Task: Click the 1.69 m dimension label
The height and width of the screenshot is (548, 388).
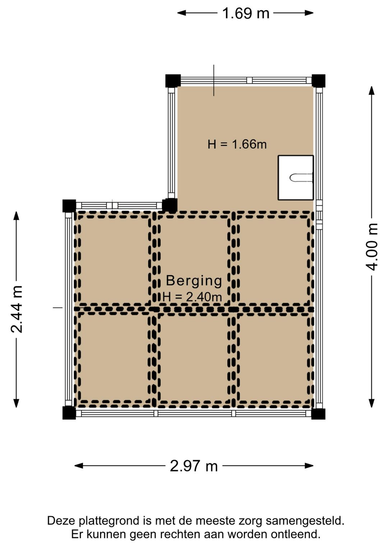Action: coord(245,13)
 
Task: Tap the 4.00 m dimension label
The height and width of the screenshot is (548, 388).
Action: coord(372,247)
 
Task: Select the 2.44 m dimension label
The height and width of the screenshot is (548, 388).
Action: coord(17,309)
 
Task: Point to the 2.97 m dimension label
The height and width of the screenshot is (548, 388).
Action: coord(194,466)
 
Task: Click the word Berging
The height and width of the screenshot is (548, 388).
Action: coord(194,280)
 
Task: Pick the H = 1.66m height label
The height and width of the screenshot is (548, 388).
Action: coord(237,144)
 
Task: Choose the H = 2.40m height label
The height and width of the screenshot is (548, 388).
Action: coord(192,297)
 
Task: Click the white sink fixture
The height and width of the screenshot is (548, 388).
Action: coord(296,177)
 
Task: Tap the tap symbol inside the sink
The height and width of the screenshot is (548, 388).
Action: coord(301,178)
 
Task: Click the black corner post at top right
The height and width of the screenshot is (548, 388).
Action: coord(318,81)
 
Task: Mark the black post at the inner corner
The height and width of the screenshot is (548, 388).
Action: coord(170,205)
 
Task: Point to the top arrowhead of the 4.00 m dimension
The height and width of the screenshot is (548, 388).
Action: coord(371,91)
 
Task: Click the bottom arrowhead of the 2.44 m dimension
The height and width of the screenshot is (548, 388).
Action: coord(17,403)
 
